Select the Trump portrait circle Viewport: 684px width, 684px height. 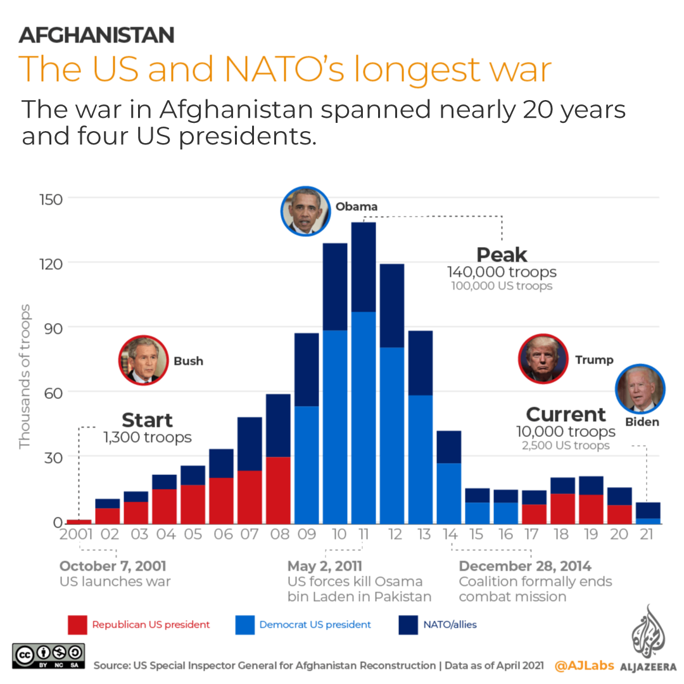(x=543, y=359)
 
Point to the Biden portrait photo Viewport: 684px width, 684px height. (x=640, y=388)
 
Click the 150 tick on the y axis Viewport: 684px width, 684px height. (x=46, y=199)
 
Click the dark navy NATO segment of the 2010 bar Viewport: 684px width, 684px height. (x=335, y=286)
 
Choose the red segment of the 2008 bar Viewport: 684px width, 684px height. (x=278, y=489)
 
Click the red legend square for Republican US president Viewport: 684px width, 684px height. (x=77, y=624)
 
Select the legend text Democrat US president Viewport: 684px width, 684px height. (x=315, y=624)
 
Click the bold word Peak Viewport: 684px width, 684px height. (x=502, y=255)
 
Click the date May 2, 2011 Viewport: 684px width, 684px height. (x=325, y=566)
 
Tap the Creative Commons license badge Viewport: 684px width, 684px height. (x=48, y=655)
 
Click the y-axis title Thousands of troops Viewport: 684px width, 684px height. (x=25, y=376)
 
